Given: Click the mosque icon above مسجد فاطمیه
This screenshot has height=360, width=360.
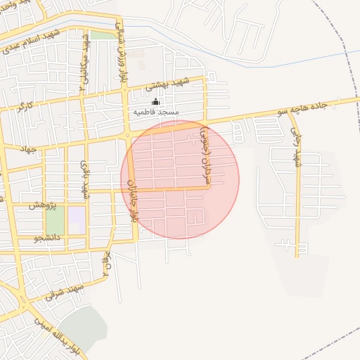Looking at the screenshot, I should coord(155,102).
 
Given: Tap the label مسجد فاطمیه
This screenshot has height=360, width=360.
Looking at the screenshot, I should coord(159,112).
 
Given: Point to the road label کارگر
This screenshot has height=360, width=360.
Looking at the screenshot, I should coord(27,108).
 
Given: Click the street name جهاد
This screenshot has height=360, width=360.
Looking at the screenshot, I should coord(27,149).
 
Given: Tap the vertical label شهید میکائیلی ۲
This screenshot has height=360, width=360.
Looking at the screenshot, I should coord(85,56).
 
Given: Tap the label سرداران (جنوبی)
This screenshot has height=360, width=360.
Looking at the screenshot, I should coord(205,156).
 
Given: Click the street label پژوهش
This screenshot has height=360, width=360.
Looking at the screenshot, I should coord(41,205).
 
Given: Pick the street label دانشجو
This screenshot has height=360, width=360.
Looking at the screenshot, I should coord(48,238).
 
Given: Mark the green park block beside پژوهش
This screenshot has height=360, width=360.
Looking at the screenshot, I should coord(56,220).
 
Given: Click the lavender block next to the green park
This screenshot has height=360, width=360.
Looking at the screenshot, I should coord(77,216).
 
